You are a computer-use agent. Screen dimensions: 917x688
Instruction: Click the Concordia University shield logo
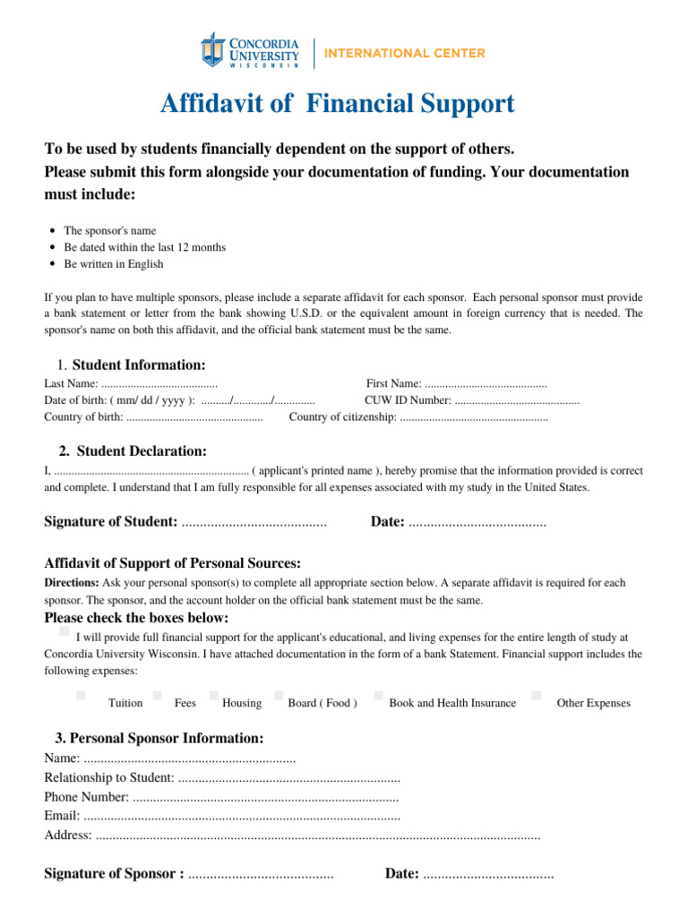coord(212,49)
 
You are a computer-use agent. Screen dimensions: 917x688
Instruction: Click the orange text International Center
coord(404,53)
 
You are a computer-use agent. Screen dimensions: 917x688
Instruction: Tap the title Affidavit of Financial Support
coord(337,104)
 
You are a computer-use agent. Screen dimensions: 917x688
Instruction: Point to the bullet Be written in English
coord(113,264)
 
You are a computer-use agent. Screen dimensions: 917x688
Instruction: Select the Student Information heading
coord(138,364)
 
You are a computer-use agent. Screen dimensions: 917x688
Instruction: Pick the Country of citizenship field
coord(473,417)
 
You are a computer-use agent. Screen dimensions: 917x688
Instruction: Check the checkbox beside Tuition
coord(81,695)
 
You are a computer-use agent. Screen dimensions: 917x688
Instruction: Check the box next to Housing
coord(213,695)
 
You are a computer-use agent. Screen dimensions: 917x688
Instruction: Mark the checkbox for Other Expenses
coord(536,695)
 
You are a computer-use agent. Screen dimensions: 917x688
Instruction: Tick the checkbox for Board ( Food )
coord(279,695)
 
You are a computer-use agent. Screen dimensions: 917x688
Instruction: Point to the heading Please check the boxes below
coord(136,618)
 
